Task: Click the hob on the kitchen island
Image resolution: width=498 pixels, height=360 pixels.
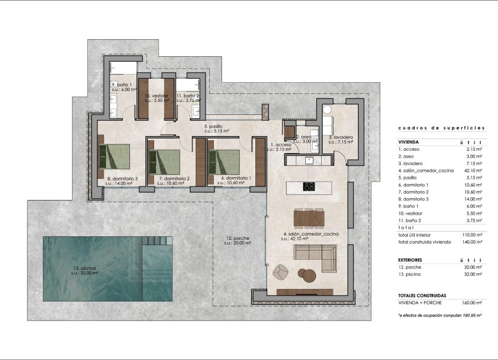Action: (x=309, y=187)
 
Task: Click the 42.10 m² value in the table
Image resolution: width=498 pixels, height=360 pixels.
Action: (x=472, y=171)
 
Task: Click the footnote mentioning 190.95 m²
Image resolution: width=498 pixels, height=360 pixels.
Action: (x=439, y=315)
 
